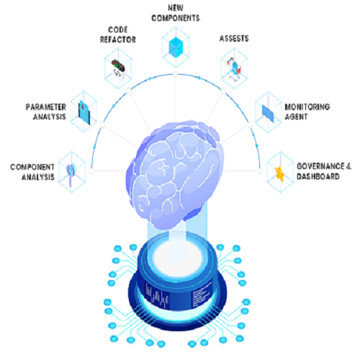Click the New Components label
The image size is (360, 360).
tap(176, 13)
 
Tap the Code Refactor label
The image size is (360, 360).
tap(118, 35)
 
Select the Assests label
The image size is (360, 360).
tap(234, 38)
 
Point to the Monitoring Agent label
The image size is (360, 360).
tap(307, 112)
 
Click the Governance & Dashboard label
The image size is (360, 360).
tap(324, 171)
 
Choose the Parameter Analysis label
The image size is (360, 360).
tap(46, 112)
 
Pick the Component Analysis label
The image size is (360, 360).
tap(32, 172)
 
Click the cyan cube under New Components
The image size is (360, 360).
tap(176, 48)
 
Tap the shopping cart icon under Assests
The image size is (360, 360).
tap(234, 66)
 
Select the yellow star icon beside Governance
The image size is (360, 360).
tap(280, 174)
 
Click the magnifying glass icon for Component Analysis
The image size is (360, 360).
tap(71, 174)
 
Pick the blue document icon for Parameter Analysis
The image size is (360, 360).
tap(84, 112)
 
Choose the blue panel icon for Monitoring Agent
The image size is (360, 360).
tap(268, 113)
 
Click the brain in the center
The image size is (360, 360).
tap(175, 174)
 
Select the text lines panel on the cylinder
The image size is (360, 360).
tap(201, 294)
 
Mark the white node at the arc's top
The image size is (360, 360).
tap(176, 75)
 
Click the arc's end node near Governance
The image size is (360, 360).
tap(260, 171)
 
